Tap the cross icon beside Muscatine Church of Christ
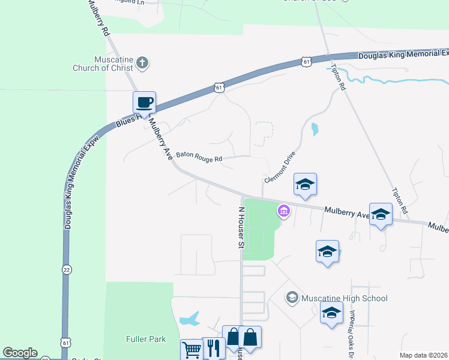(x=142, y=62)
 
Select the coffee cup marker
(x=145, y=103)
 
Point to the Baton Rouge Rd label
(x=199, y=159)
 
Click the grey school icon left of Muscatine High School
(x=292, y=298)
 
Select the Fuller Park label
(x=146, y=339)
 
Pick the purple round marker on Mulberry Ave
(x=283, y=211)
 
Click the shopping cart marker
(x=191, y=350)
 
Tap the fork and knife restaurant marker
(x=214, y=348)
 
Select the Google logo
(x=20, y=353)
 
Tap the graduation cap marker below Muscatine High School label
(x=331, y=313)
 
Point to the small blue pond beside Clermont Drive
(x=315, y=128)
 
